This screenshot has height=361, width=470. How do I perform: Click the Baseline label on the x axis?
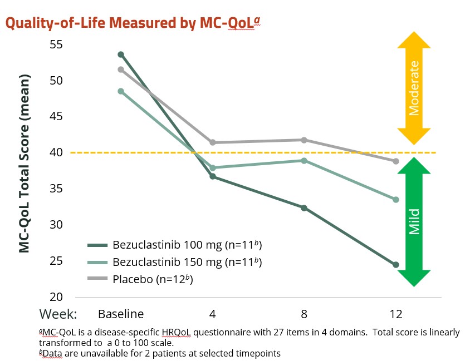coord(121,313)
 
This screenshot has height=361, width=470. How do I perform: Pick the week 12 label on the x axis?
coord(396,313)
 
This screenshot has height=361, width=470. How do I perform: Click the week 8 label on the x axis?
coord(304,313)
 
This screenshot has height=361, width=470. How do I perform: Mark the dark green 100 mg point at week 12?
coord(396,265)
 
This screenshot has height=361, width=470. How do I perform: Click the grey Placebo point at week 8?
coord(304,140)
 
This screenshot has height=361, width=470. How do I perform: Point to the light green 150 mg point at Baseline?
coord(121,91)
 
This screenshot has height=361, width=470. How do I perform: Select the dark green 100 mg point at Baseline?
coord(121,54)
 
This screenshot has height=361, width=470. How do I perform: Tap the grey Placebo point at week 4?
coord(213,142)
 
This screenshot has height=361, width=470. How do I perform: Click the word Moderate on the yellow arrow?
coord(413,87)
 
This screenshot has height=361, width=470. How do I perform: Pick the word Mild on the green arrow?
coord(414,221)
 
